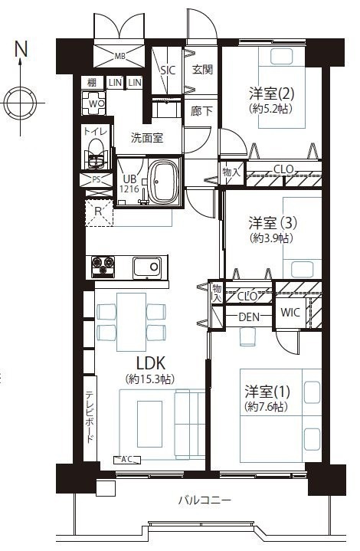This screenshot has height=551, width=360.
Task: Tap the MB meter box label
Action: [120, 56]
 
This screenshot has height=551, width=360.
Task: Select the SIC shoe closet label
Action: [168, 71]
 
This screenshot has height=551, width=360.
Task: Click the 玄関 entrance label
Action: [203, 69]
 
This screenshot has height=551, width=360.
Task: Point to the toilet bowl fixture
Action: [95, 153]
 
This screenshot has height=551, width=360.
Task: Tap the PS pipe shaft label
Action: [97, 179]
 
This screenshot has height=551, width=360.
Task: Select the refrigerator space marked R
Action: [100, 212]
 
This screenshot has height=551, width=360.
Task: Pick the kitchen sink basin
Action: [147, 267]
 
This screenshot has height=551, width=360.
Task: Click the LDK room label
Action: [151, 363]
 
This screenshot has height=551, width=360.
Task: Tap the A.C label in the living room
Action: [126, 459]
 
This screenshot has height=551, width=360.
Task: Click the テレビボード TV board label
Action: [90, 417]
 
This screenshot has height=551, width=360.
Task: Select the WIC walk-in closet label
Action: [290, 312]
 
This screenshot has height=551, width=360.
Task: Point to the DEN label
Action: [249, 317]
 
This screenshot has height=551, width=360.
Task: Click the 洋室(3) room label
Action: [273, 223]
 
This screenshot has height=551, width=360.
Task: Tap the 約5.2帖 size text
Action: [271, 109]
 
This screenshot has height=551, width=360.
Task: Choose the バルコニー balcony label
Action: [205, 500]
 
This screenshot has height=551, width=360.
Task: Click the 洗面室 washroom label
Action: [147, 137]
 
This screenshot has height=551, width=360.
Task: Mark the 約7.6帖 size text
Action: [267, 407]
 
